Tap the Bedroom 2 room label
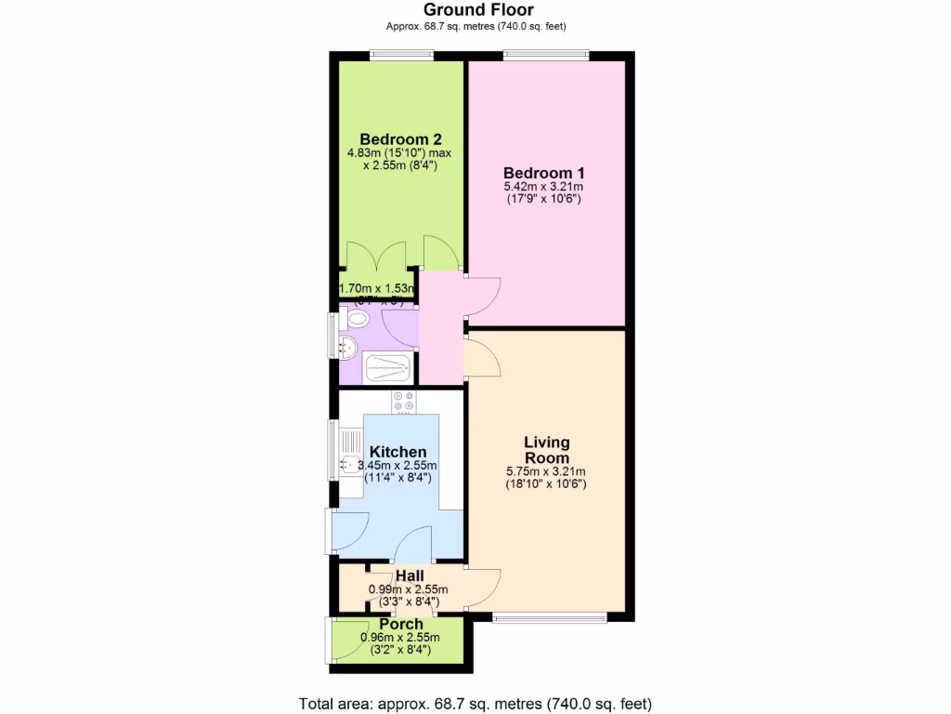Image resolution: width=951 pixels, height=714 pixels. (400, 139)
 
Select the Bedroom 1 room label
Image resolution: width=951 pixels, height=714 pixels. (543, 173)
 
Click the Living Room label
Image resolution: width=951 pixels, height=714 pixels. (546, 450)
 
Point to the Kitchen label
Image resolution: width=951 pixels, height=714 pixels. (398, 452)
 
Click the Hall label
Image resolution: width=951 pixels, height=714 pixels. (410, 576)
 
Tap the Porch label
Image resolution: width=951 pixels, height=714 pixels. (400, 624)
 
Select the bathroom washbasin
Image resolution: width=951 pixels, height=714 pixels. (348, 348)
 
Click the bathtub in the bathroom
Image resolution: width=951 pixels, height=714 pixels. (386, 368)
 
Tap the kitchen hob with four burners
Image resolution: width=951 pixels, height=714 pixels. (404, 402)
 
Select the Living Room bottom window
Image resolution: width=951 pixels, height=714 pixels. (550, 616)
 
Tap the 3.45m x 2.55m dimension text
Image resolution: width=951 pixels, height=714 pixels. (398, 466)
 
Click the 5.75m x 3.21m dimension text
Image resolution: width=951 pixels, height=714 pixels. (546, 471)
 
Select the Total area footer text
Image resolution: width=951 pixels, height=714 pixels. (475, 702)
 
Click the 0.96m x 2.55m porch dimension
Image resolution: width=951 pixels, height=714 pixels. (400, 638)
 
